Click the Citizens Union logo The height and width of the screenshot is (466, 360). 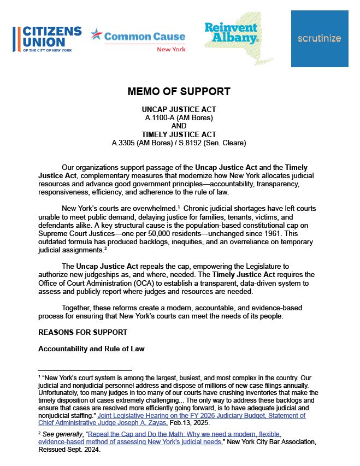coord(47,38)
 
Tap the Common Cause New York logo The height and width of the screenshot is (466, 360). coord(138,39)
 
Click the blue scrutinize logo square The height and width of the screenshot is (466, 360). coord(320,39)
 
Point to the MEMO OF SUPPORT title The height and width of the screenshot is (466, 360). coord(179,91)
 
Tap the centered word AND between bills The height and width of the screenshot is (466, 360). coord(179,126)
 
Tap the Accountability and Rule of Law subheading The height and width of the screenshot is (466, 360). coord(91,349)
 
